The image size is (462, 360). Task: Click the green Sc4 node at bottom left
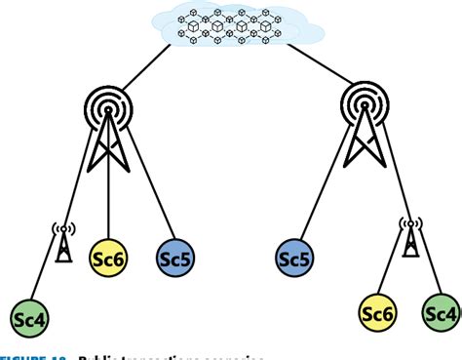(29, 317)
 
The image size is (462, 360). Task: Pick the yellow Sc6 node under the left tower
(108, 259)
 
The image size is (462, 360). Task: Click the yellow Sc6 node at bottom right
(377, 313)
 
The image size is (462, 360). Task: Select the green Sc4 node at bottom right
(441, 313)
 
